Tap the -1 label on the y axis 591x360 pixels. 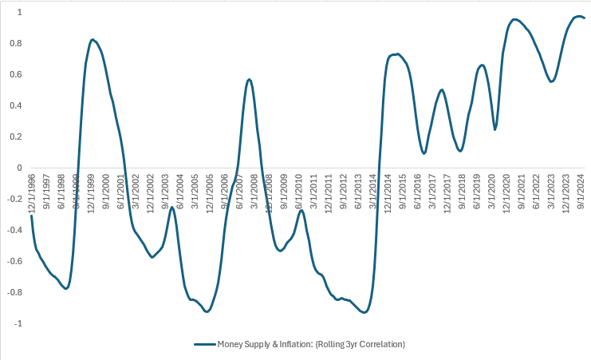(x=16, y=323)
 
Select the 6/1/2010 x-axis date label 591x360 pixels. (x=299, y=188)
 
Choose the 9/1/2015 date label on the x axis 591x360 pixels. (x=404, y=188)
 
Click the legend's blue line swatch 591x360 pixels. (x=205, y=344)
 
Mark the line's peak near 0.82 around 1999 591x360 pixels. (x=93, y=39)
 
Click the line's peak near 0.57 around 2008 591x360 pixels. (x=249, y=79)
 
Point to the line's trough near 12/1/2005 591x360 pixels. (x=207, y=311)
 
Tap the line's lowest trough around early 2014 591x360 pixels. (x=364, y=312)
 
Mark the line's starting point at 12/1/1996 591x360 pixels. (x=31, y=216)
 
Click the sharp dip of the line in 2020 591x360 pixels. (x=495, y=129)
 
